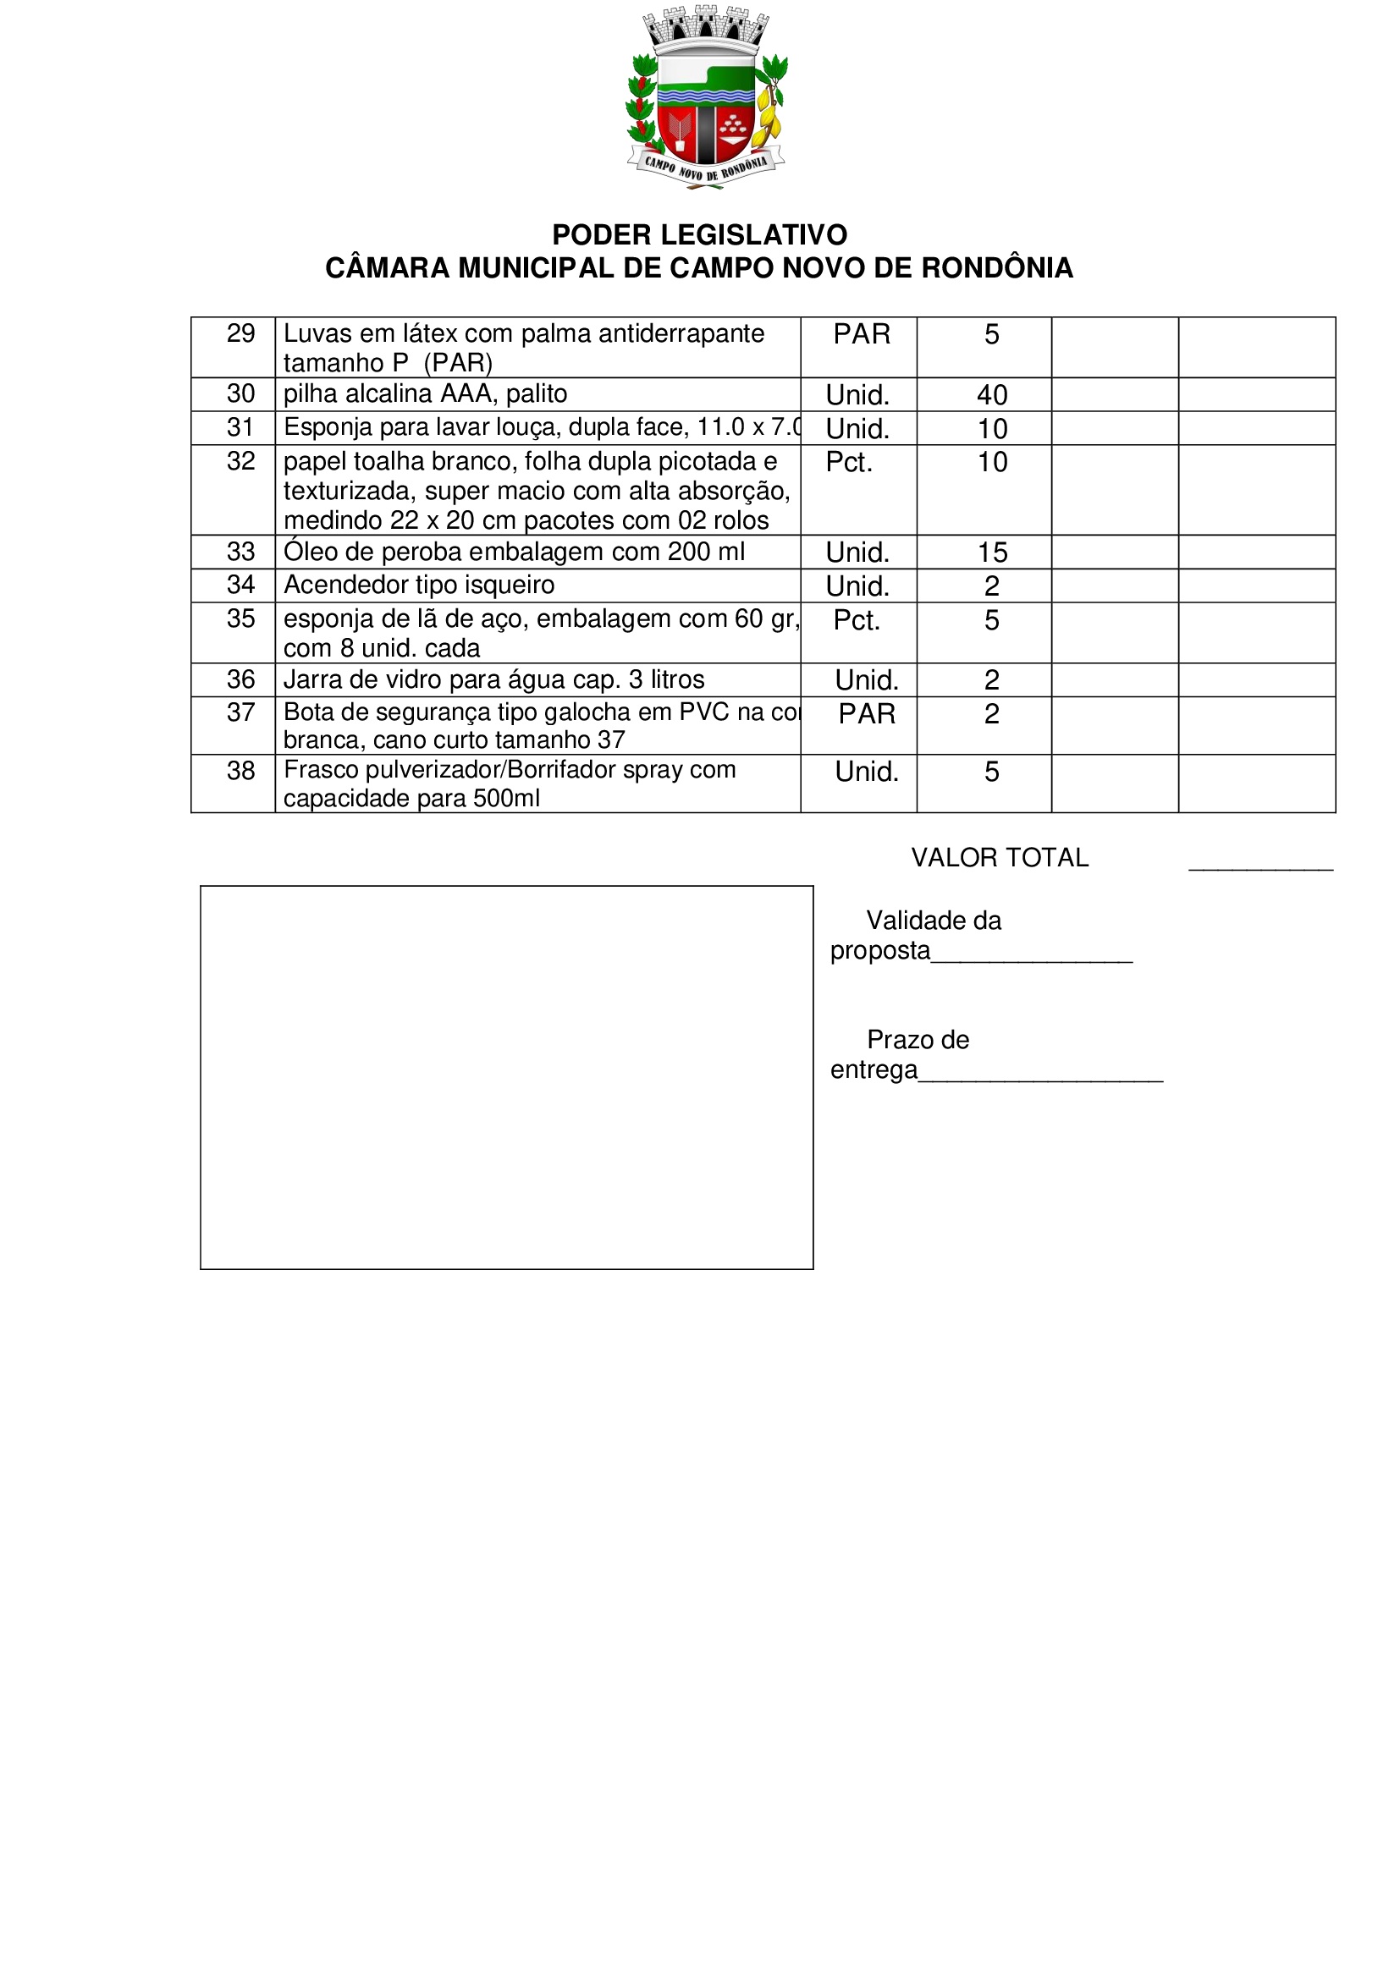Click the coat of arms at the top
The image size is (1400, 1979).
(x=706, y=96)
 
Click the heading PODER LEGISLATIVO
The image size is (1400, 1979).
(x=699, y=234)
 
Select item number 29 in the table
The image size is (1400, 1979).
(x=240, y=333)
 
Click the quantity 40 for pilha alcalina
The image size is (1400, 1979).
(x=992, y=395)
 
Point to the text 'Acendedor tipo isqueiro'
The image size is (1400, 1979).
(x=419, y=585)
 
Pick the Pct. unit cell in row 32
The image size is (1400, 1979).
(x=849, y=463)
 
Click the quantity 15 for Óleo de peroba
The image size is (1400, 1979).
(x=992, y=552)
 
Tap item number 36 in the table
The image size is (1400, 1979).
(x=240, y=680)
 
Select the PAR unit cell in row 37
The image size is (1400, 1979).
(x=867, y=714)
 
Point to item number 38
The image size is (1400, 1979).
(x=240, y=772)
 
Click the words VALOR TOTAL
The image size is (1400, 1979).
(x=1000, y=858)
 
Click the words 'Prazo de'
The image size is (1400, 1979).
(x=918, y=1041)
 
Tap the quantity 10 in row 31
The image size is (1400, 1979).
(x=992, y=429)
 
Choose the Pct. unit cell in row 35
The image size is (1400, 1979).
(x=857, y=620)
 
